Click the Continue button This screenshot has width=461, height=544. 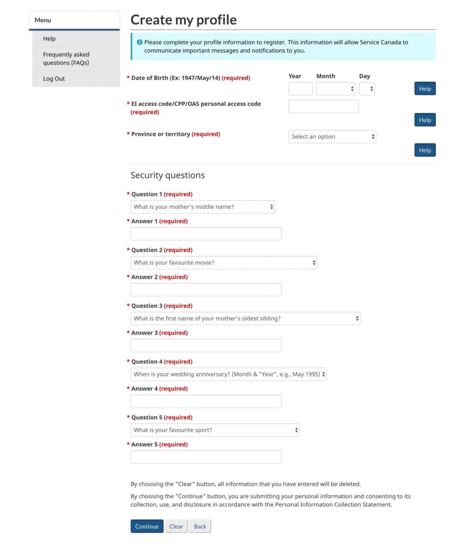[x=147, y=526]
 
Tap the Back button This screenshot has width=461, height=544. [x=200, y=526]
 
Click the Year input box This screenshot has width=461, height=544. [x=300, y=89]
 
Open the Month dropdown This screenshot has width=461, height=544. [x=336, y=89]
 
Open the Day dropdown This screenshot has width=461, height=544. [x=366, y=89]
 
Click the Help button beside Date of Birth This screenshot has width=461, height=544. [x=424, y=89]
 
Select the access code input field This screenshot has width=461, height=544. [x=323, y=106]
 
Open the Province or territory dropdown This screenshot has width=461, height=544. [x=332, y=137]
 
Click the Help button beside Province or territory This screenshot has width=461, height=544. [x=424, y=150]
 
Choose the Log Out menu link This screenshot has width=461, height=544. [x=54, y=79]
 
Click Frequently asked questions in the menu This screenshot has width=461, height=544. [x=66, y=58]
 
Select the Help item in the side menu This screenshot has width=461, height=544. [x=49, y=39]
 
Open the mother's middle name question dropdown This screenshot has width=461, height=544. [x=202, y=207]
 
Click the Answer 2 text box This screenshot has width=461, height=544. [x=206, y=290]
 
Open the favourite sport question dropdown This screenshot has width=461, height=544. [x=215, y=430]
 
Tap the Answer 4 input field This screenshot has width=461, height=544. [x=206, y=401]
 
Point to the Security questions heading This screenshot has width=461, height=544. [x=167, y=175]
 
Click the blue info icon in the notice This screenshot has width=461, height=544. [x=139, y=42]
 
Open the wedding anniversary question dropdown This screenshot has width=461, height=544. [x=228, y=374]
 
